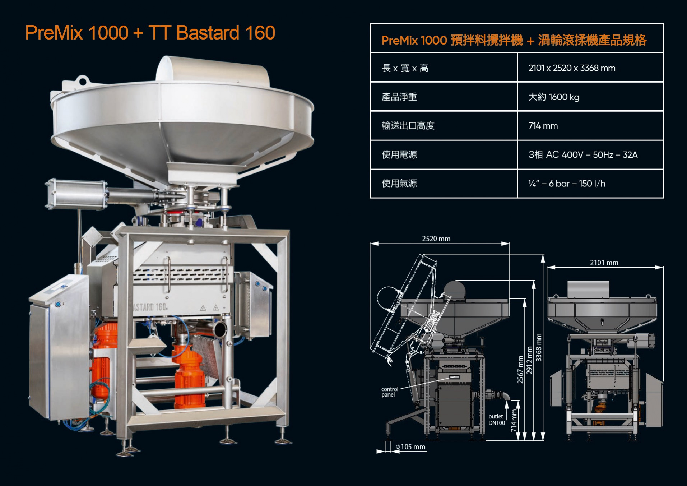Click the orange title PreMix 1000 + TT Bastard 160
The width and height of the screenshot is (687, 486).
coord(150,33)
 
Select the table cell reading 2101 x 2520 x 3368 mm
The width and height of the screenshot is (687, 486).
coord(572,68)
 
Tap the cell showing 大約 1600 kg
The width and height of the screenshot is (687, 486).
coord(553,97)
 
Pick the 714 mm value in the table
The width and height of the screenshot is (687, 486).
coord(543,126)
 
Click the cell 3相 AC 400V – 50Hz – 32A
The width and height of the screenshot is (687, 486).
coord(583,155)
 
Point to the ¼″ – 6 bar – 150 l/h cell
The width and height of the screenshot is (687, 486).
coord(567,184)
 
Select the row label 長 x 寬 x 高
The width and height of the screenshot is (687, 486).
coord(405,68)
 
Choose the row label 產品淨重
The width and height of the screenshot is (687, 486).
coord(399,97)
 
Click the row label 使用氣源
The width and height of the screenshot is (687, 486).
coord(399,184)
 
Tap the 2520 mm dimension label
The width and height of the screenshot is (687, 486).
coord(436,239)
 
